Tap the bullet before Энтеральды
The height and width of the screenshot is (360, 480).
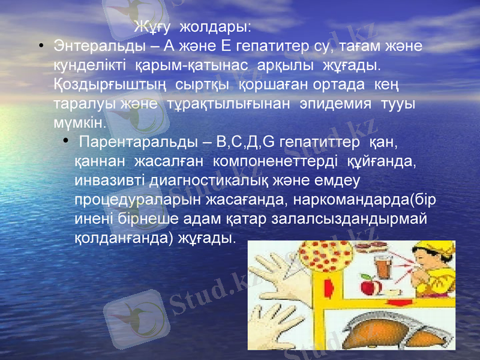[40, 46]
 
